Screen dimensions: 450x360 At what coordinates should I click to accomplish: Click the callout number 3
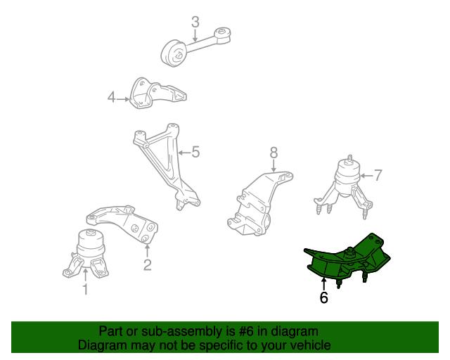click(195, 22)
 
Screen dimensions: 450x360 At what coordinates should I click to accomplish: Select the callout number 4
click(111, 97)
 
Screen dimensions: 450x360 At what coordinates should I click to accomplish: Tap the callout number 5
click(195, 152)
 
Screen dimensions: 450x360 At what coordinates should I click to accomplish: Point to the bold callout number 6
click(323, 297)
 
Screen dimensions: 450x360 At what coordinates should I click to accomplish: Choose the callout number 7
click(378, 175)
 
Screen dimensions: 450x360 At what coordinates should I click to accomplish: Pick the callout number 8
click(274, 153)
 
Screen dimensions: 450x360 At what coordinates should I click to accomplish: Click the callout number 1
click(85, 289)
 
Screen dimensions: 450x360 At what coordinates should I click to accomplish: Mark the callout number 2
click(147, 265)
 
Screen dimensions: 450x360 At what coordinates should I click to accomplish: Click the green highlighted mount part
click(347, 260)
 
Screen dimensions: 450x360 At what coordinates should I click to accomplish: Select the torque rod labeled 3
click(195, 46)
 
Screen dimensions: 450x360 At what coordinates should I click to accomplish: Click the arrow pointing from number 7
click(366, 176)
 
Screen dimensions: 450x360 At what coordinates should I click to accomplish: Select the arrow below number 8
click(274, 166)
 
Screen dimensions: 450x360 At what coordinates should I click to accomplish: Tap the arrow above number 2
click(147, 250)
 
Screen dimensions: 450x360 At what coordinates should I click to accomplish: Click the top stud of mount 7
click(349, 158)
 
